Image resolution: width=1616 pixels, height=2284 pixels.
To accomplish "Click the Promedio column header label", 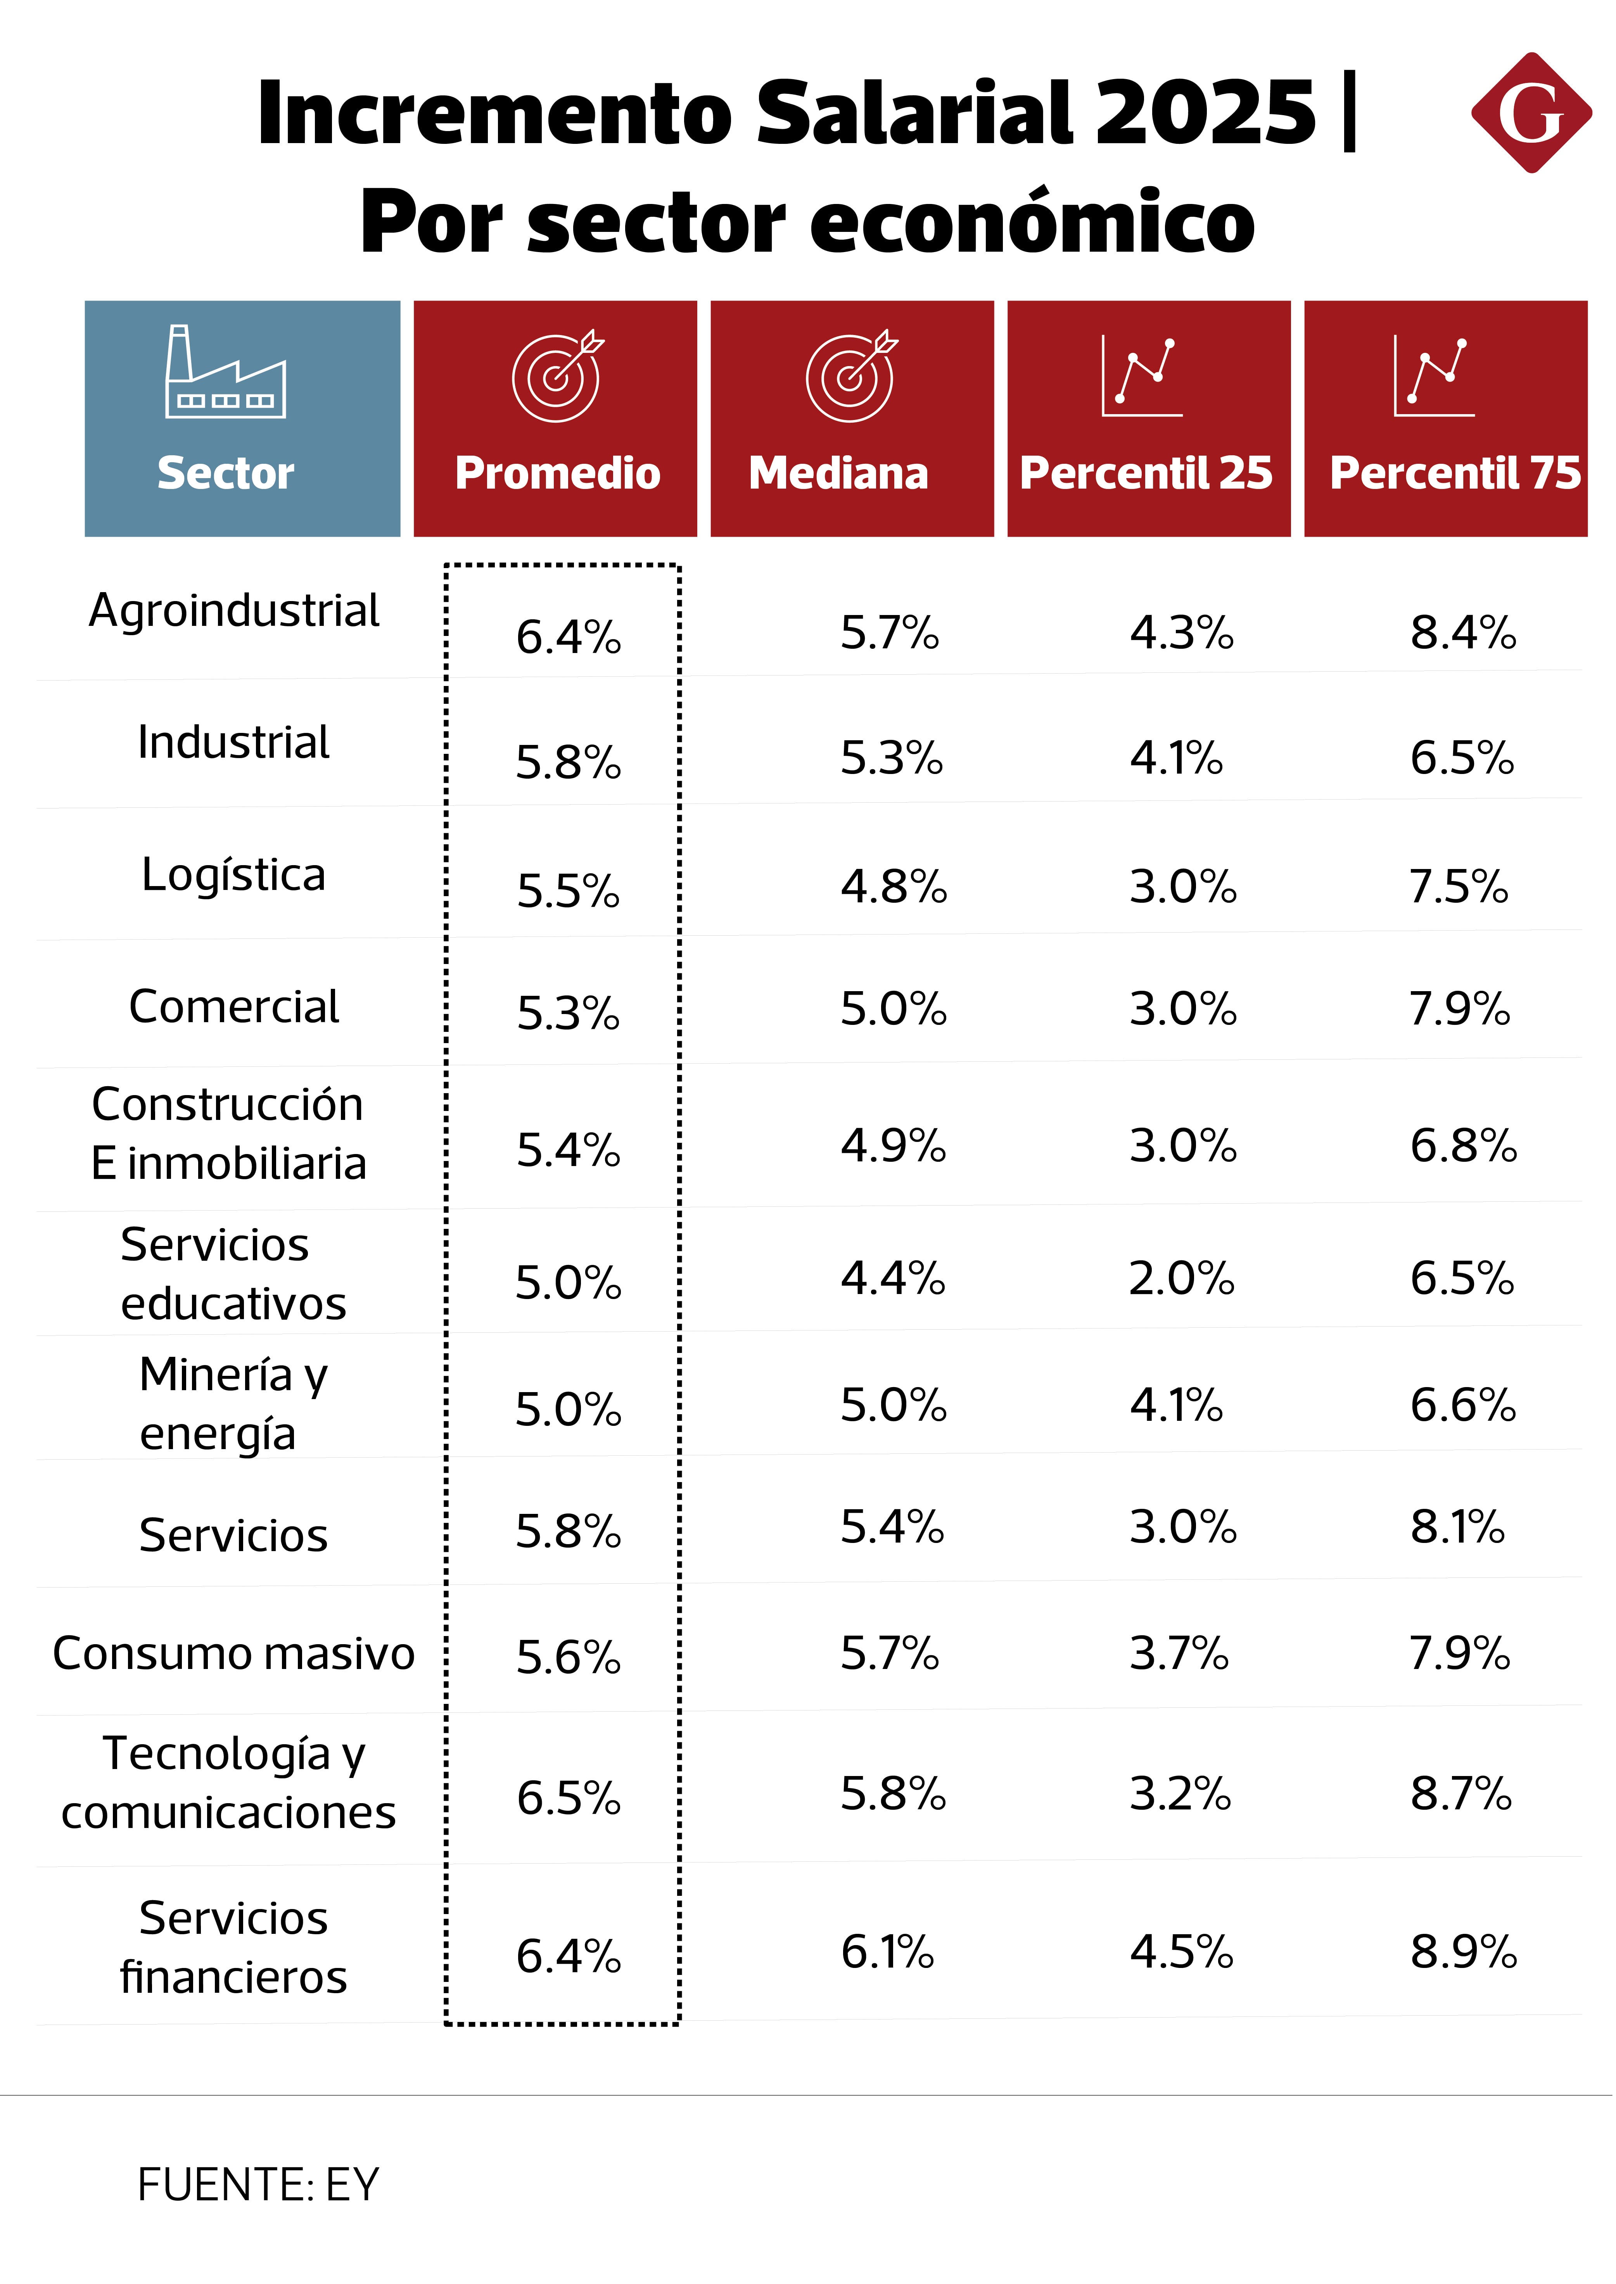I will pyautogui.click(x=557, y=473).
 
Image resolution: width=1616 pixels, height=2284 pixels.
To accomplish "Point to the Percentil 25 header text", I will pyautogui.click(x=1146, y=473).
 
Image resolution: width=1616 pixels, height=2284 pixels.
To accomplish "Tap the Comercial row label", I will pyautogui.click(x=234, y=1007).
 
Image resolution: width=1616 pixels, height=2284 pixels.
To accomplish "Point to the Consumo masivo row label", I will pyautogui.click(x=234, y=1653).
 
